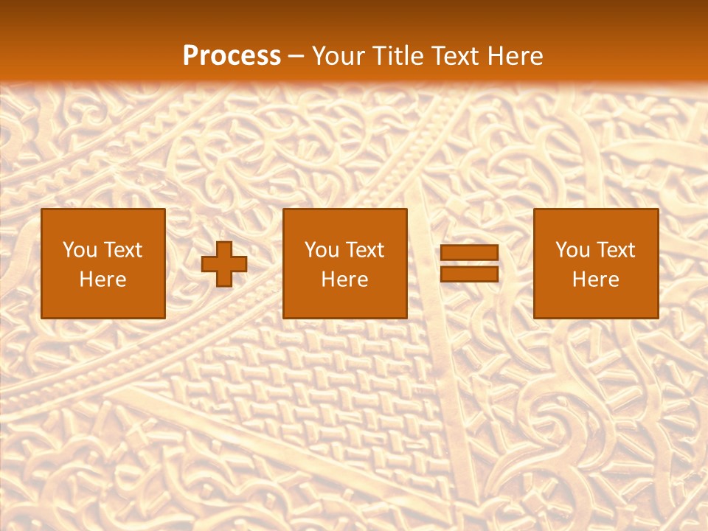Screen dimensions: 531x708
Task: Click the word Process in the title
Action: click(232, 56)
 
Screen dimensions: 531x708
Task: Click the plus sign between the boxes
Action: click(224, 264)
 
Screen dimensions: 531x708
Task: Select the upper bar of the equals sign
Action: click(469, 253)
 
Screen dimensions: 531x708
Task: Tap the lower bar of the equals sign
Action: click(469, 274)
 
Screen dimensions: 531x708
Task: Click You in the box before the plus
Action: click(80, 250)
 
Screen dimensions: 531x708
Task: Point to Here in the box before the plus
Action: click(103, 280)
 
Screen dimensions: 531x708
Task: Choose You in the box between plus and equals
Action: click(322, 250)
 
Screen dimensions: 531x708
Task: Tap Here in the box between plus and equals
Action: click(345, 280)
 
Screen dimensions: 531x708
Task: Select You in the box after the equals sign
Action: click(572, 250)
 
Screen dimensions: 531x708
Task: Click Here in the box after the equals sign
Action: click(596, 280)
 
